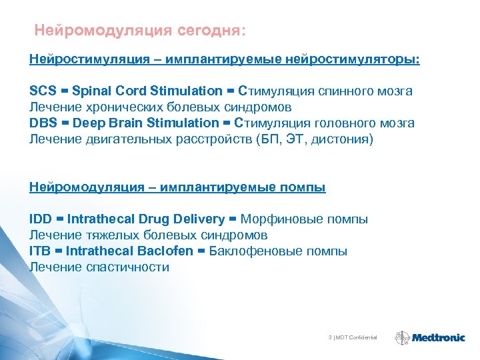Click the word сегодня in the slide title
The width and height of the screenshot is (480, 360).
[211, 31]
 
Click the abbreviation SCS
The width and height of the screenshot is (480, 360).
[43, 91]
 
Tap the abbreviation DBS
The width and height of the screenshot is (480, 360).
[43, 123]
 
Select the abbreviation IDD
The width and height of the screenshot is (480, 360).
[41, 219]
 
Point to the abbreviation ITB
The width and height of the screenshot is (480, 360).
[41, 251]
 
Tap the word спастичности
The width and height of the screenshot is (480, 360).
[128, 267]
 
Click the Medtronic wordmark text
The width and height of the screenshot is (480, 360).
[438, 338]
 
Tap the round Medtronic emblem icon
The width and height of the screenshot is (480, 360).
[403, 338]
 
